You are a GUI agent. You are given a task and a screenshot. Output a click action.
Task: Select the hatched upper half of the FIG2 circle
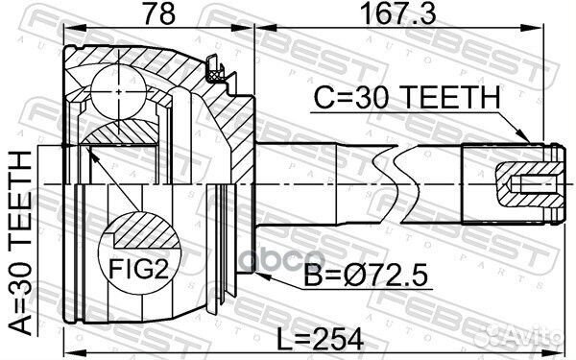[x=134, y=233]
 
